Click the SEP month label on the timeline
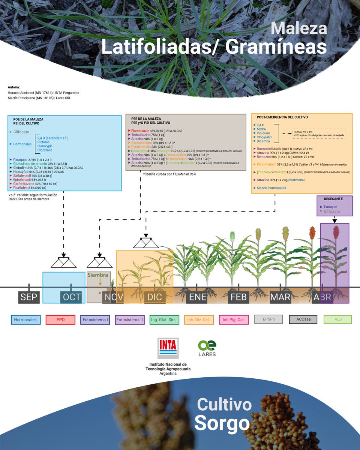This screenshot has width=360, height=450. pos(29,297)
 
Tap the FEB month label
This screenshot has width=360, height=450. pos(238,297)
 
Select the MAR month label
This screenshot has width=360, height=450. pos(280,297)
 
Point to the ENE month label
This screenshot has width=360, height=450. pos(196,297)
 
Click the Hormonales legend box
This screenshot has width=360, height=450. pos(25,320)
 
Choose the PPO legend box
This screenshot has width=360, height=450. pos(60,320)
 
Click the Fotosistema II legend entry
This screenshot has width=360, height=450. pos(130,320)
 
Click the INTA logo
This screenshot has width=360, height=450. pos(168,349)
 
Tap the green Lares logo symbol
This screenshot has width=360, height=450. pos(207,345)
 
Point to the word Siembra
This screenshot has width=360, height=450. pos(97,275)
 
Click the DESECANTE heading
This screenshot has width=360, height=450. pos(331,198)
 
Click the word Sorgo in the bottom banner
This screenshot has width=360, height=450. pos(222,423)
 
